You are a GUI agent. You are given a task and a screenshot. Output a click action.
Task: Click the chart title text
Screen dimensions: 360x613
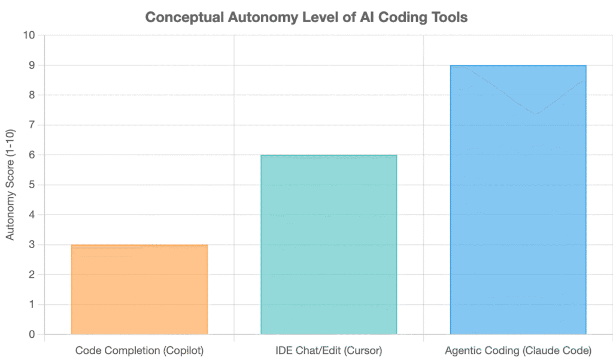pos(306,17)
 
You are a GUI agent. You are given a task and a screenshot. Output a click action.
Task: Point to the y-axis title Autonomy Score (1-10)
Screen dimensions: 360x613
pos(10,184)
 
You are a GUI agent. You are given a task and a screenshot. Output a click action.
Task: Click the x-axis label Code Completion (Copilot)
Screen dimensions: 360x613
pos(139,350)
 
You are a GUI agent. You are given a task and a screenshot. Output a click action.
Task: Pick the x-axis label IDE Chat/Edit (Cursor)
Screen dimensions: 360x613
pos(329,350)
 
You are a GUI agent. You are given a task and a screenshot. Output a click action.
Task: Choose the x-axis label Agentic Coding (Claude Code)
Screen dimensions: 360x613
pos(518,350)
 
